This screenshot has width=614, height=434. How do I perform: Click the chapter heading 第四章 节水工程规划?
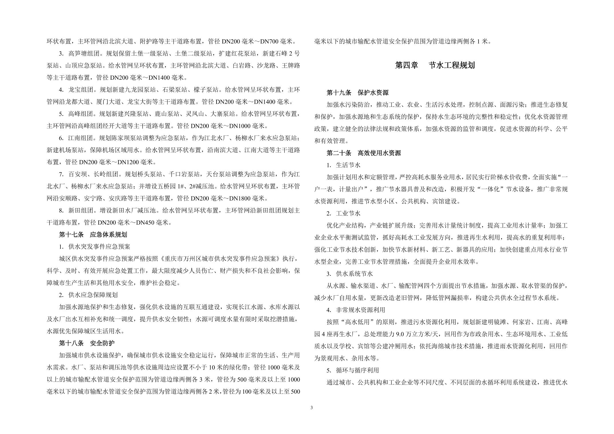click(x=435, y=65)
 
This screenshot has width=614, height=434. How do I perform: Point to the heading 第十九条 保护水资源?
click(x=357, y=93)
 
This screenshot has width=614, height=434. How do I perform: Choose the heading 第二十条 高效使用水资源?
click(x=364, y=153)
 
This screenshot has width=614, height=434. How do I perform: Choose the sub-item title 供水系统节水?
click(x=354, y=274)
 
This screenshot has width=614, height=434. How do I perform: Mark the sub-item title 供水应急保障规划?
click(x=93, y=295)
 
